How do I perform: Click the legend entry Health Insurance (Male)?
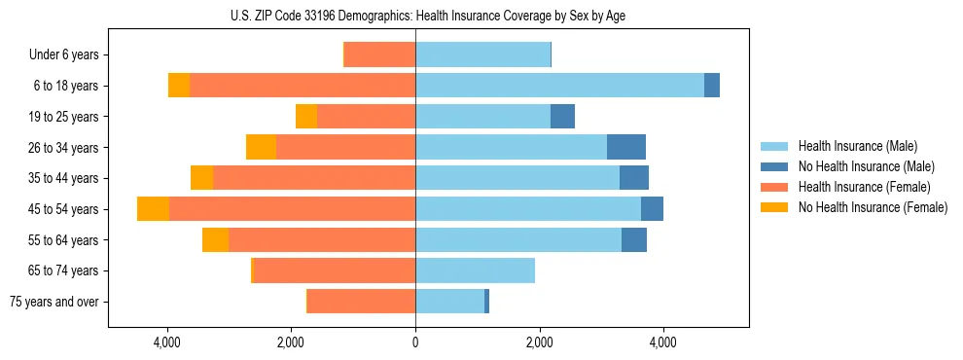[x=857, y=146]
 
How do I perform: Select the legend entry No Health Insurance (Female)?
[x=872, y=207]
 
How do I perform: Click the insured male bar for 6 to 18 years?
[x=559, y=86]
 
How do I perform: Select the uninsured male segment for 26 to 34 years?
[x=626, y=147]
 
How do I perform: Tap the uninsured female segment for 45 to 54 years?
[x=153, y=209]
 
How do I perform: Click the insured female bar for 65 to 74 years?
[x=335, y=270]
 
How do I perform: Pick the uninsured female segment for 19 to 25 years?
[x=306, y=117]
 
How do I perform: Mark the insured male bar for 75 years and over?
[x=449, y=302]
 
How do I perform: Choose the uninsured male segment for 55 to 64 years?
[x=634, y=239]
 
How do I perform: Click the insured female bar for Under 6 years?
[x=380, y=54]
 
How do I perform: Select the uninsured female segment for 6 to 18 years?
[x=179, y=86]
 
